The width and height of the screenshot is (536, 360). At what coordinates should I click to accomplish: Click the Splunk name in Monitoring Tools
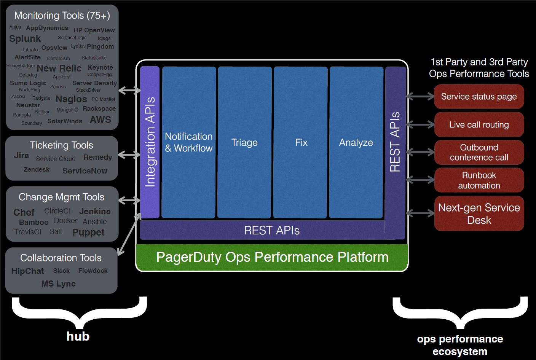25,39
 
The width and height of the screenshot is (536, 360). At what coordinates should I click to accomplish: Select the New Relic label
59,68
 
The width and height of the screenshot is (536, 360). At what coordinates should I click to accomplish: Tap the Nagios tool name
71,99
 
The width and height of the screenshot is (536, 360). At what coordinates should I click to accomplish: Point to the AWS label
100,120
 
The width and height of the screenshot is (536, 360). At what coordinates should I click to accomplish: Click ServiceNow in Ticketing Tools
85,171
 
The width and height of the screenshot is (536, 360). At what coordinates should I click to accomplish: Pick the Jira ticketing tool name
21,156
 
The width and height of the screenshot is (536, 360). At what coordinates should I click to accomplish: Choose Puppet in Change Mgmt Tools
88,233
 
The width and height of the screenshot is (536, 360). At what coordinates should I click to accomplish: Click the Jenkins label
95,212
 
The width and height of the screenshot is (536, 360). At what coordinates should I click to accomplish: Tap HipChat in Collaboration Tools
28,271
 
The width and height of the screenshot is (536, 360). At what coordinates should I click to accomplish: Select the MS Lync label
59,284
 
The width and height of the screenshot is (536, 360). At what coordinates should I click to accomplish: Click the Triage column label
244,143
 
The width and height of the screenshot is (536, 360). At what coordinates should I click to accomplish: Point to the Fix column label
301,143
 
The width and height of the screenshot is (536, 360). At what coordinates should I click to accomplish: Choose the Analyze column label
356,143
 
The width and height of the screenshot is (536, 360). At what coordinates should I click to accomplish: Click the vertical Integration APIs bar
150,142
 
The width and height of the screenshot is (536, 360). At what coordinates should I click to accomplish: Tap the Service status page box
479,97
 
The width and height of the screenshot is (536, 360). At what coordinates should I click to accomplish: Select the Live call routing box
479,125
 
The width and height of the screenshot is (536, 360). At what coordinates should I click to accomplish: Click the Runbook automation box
479,180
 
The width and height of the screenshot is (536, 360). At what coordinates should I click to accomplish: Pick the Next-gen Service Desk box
479,213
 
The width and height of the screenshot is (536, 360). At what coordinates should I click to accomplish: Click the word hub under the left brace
78,336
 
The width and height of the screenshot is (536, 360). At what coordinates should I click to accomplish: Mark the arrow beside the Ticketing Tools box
129,155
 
